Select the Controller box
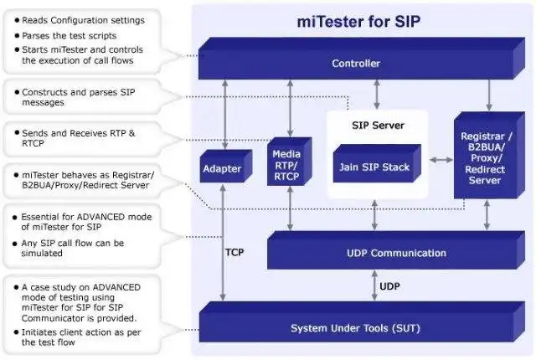point(356,64)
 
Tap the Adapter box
point(222,169)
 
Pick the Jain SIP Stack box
point(374,167)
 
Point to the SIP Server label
point(377,126)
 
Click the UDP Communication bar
point(385,253)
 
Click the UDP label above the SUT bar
point(390,287)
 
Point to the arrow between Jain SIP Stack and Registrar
point(440,158)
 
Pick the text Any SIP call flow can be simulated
point(73,249)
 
